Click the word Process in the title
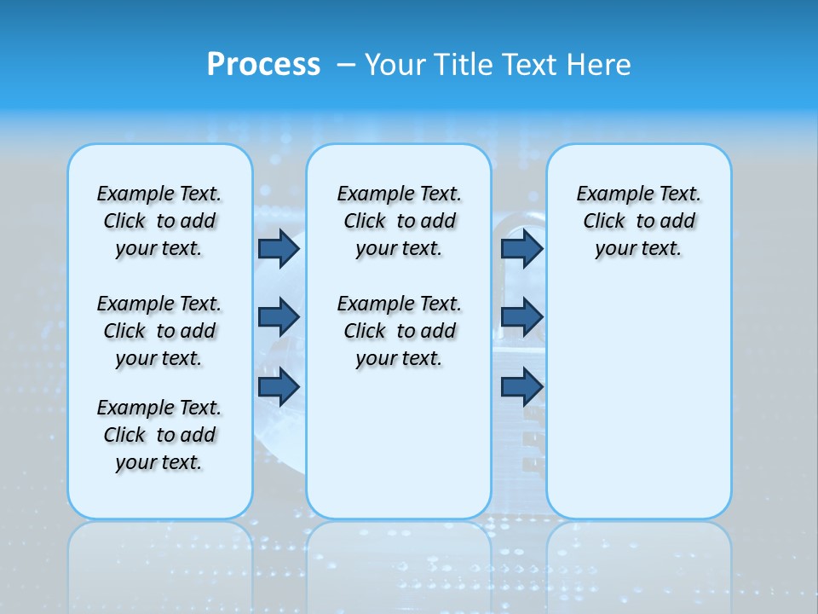pos(263,65)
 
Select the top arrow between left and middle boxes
pos(279,248)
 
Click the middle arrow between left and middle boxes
pos(279,317)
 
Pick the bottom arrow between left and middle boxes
pos(279,386)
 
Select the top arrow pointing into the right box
pos(521,248)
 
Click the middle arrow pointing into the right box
pos(521,317)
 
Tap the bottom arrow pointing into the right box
pos(521,386)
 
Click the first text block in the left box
pos(159,221)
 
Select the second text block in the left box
pos(159,331)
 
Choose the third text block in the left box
pos(159,435)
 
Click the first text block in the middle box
pos(399,221)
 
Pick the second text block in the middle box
pos(399,331)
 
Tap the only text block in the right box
pos(638,221)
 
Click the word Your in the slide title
pos(395,65)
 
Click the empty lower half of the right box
pos(638,409)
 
